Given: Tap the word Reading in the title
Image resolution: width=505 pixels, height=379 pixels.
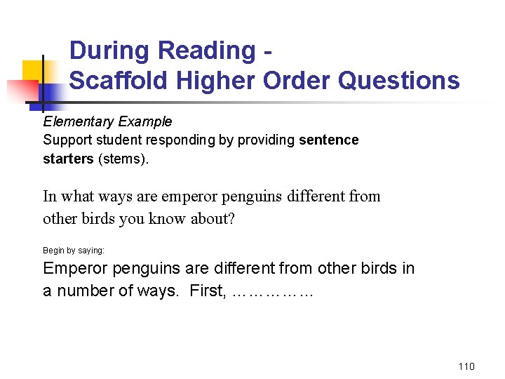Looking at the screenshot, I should coord(208,51).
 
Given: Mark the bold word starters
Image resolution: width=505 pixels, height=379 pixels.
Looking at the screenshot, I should coord(68,159).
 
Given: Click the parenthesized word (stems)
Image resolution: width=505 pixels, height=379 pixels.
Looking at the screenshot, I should coord(123,159).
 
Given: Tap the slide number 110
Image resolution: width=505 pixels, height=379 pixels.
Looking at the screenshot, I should coord(466,366).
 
